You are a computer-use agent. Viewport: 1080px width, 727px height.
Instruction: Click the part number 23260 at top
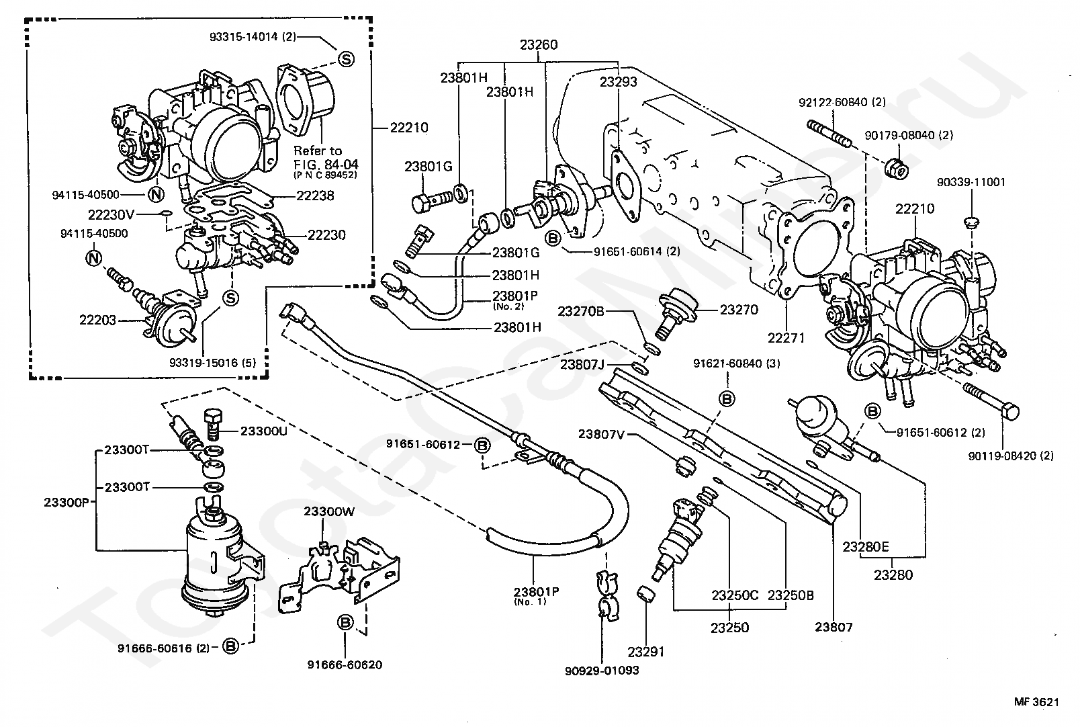coord(538,45)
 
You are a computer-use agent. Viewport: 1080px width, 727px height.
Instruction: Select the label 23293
coord(618,82)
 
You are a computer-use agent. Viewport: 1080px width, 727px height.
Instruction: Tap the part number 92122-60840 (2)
coord(842,102)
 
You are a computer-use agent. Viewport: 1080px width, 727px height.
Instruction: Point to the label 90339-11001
coord(972,181)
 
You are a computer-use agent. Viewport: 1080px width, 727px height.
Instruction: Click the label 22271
coord(786,338)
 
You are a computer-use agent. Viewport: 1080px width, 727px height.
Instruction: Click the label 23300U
coord(263,431)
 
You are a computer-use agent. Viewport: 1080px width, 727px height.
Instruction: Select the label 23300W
coord(328,511)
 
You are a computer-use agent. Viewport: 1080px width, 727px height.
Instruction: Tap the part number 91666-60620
coord(345,665)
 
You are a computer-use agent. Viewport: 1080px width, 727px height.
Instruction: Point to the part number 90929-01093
coord(602,670)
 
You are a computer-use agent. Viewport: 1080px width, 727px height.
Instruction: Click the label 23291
coord(646,651)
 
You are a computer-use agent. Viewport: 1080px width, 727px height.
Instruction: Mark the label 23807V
coord(602,434)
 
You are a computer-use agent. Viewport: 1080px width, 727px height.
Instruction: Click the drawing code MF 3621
coord(1036,702)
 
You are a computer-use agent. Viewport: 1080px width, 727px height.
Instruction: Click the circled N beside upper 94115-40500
coord(154,196)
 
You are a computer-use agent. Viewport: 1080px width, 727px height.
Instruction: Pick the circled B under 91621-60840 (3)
coord(727,398)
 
